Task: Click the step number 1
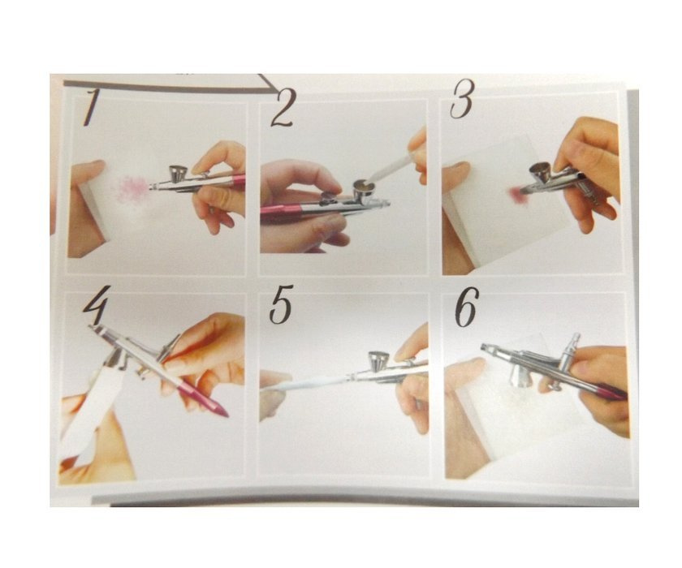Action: click(90, 107)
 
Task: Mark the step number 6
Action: click(467, 307)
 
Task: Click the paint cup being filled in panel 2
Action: click(365, 187)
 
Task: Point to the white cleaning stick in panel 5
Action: click(305, 383)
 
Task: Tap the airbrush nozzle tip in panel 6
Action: click(484, 346)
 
